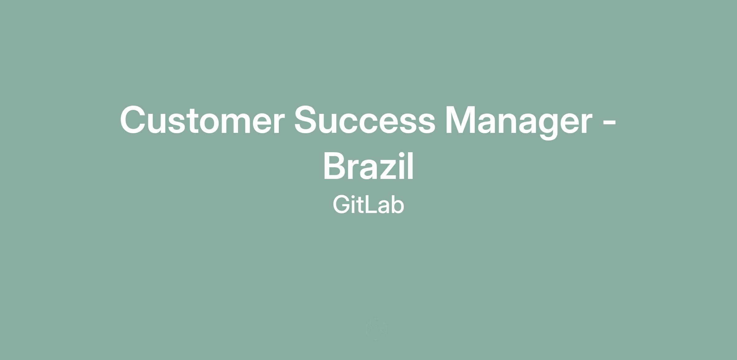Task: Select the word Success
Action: [365, 120]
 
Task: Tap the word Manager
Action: [519, 122]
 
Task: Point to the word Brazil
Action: [368, 166]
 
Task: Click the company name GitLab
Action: [368, 204]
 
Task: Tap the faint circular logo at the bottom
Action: [376, 329]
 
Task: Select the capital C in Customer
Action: [133, 120]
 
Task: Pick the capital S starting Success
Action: [306, 120]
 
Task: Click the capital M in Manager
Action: [460, 120]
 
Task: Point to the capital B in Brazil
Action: [335, 165]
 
